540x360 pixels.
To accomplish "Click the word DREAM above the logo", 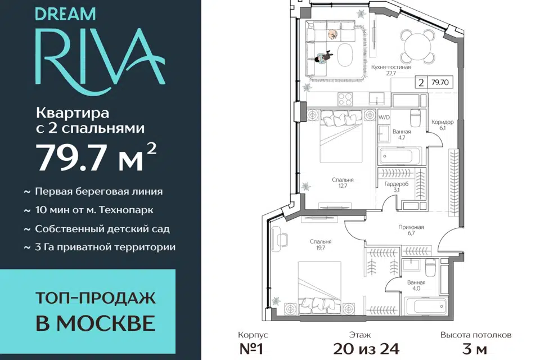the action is [65, 14].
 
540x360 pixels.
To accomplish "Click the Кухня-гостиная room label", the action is [391, 70].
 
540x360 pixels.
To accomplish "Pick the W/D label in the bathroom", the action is [384, 118].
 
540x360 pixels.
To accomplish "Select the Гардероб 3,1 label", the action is [397, 187].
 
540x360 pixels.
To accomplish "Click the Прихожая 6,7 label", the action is [411, 230].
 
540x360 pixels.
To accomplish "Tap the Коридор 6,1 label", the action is [443, 125].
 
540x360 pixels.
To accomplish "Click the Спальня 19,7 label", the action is [321, 245].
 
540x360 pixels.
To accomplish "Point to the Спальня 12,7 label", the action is [343, 183].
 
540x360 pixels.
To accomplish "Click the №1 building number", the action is [251, 349].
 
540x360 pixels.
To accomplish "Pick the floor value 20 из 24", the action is [366, 349].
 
